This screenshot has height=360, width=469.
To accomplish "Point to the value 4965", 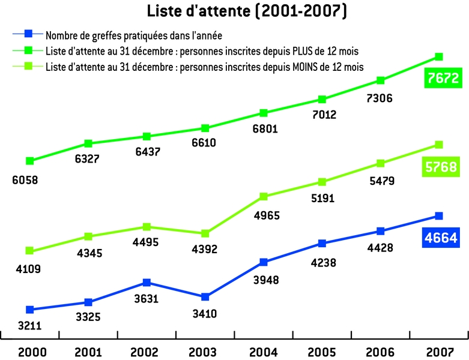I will (x=264, y=214).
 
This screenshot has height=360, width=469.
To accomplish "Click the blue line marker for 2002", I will (x=147, y=283).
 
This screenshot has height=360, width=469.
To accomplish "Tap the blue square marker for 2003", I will (x=205, y=297).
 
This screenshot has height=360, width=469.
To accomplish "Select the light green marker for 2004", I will (x=264, y=196).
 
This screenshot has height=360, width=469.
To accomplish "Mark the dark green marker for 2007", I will (x=439, y=56).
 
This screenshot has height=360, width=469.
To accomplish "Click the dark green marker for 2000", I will (x=29, y=161).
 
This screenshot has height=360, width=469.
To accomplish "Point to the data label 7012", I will (x=324, y=115).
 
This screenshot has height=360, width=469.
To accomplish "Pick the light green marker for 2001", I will (x=88, y=236).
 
